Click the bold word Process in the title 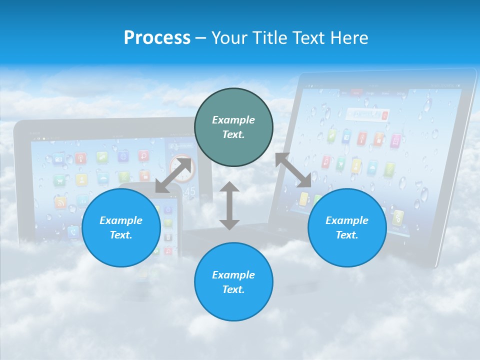pos(157,38)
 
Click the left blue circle pos(121,227)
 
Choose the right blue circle pos(347,227)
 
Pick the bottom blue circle pos(233,281)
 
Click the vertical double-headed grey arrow pos(229,205)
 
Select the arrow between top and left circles pos(173,175)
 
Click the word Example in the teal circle pos(233,120)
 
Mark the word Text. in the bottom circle pos(233,289)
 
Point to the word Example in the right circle pos(347,220)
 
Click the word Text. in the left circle pos(121,235)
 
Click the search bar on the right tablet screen pos(369,114)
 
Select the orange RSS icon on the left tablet pos(60,202)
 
